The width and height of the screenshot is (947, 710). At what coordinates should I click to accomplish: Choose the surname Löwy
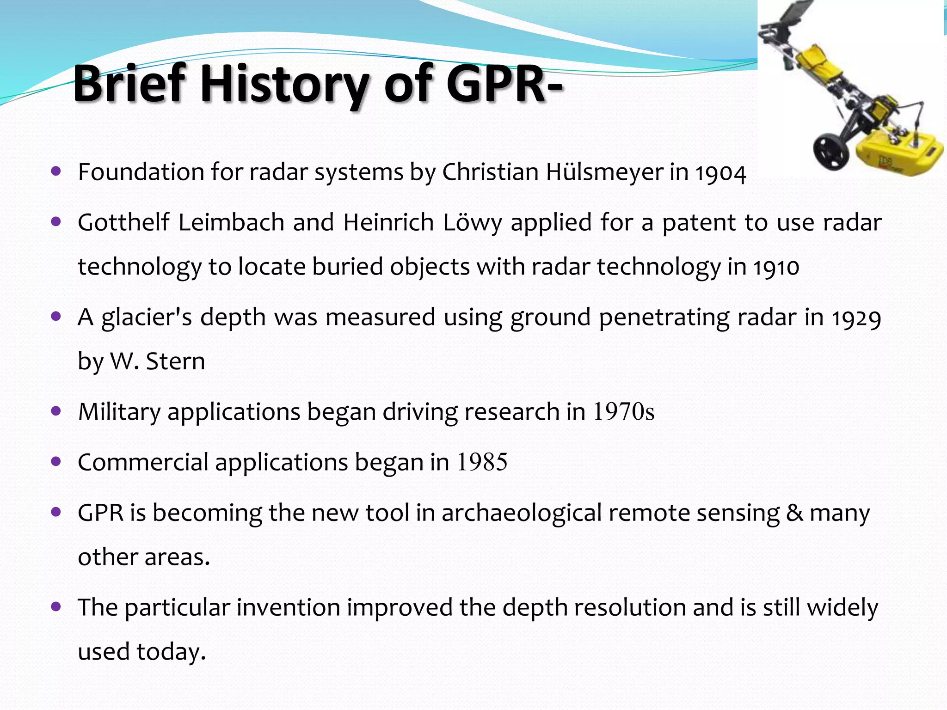[x=472, y=223]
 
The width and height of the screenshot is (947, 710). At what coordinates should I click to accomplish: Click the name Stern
[x=175, y=361]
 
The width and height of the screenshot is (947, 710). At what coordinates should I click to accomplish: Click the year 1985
[x=482, y=462]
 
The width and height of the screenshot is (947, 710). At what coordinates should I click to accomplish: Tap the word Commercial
[x=143, y=462]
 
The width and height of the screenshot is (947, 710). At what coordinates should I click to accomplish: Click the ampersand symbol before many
[x=794, y=513]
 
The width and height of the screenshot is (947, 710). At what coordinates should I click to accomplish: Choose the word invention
[x=289, y=608]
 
